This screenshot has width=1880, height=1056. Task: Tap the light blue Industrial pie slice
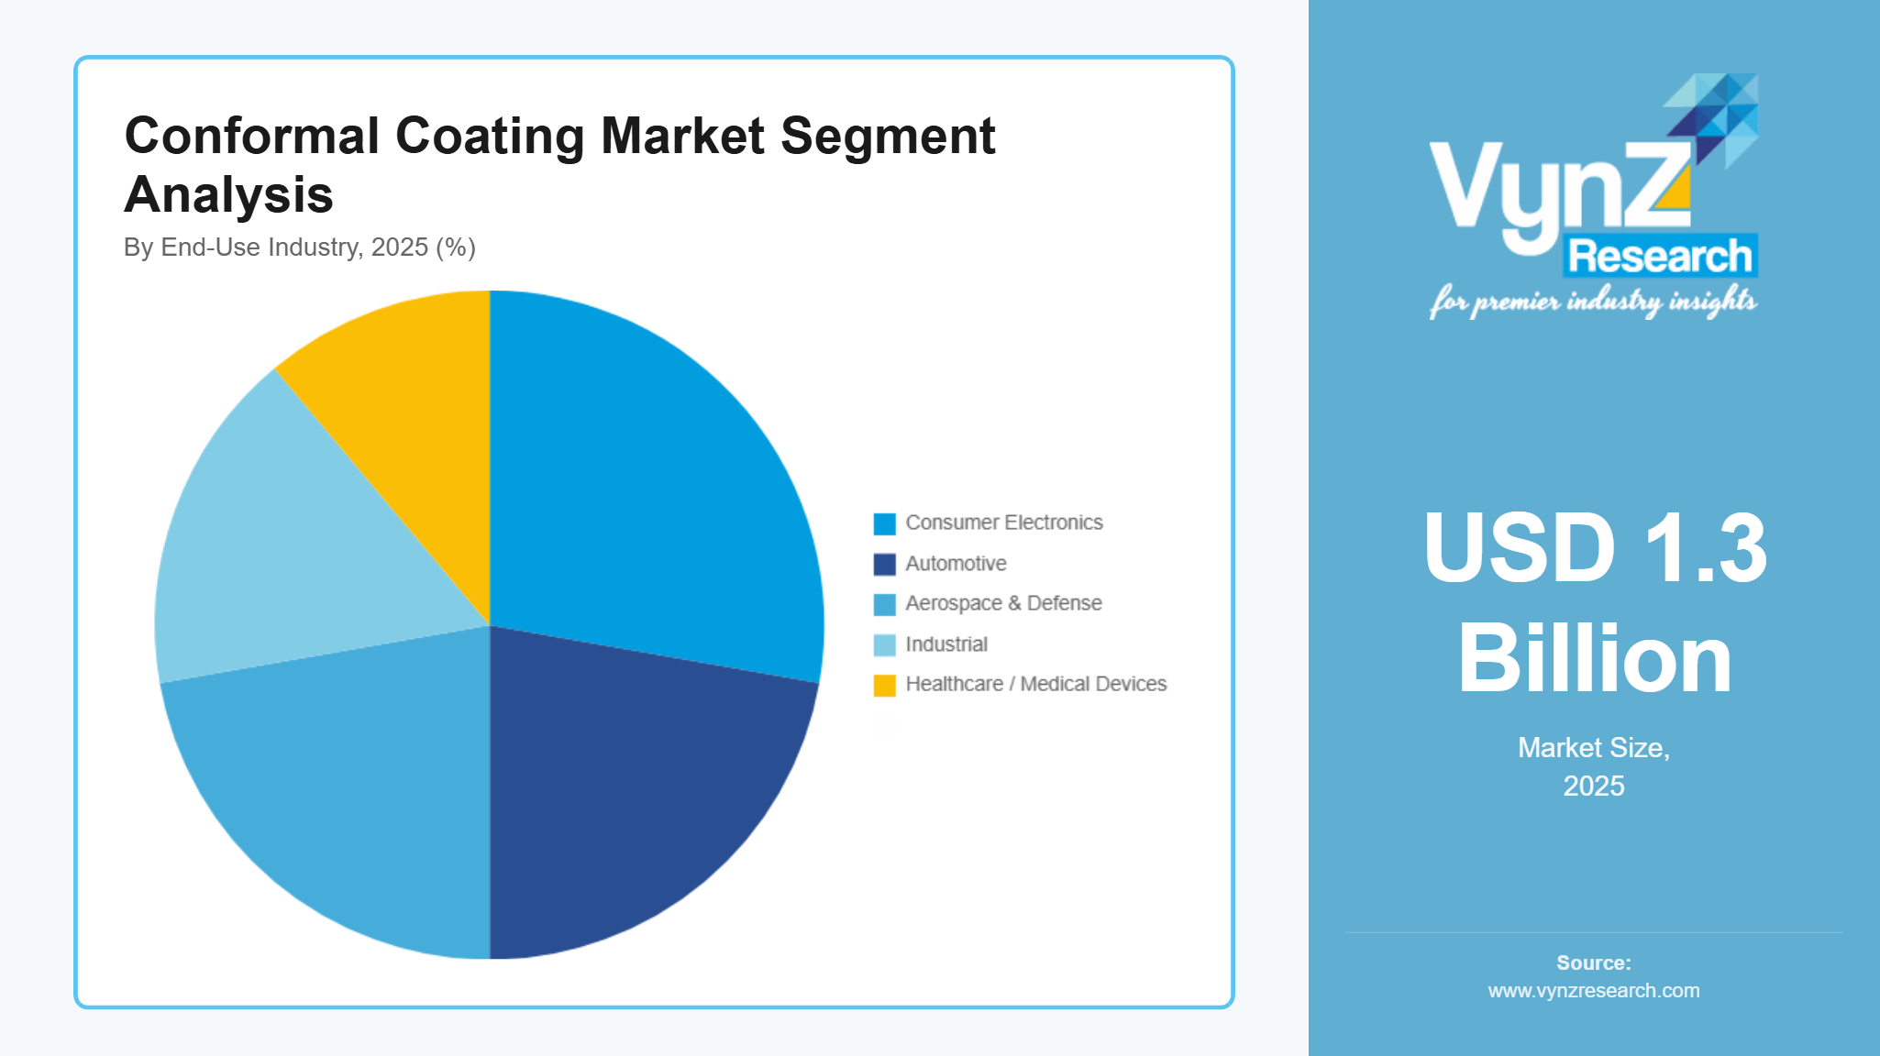[293, 550]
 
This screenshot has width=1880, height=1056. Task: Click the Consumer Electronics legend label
[1004, 522]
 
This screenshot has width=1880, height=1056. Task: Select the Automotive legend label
[956, 564]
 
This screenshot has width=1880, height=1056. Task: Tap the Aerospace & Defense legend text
[1003, 603]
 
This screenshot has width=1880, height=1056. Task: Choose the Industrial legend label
[946, 644]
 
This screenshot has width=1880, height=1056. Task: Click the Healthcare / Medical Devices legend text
[1035, 684]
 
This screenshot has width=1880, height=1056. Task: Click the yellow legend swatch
[884, 685]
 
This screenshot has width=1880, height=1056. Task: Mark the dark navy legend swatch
[884, 564]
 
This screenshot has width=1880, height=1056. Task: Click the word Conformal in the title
[251, 136]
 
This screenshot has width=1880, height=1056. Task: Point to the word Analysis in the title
[228, 194]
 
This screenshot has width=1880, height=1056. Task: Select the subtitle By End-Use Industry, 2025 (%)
[299, 247]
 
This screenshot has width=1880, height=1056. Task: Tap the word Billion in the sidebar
[1594, 658]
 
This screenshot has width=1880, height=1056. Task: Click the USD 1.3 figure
[1594, 547]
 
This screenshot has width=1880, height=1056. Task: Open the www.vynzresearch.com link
[1594, 991]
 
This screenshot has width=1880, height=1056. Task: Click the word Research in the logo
[1660, 256]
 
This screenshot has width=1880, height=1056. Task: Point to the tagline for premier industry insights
[1593, 302]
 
